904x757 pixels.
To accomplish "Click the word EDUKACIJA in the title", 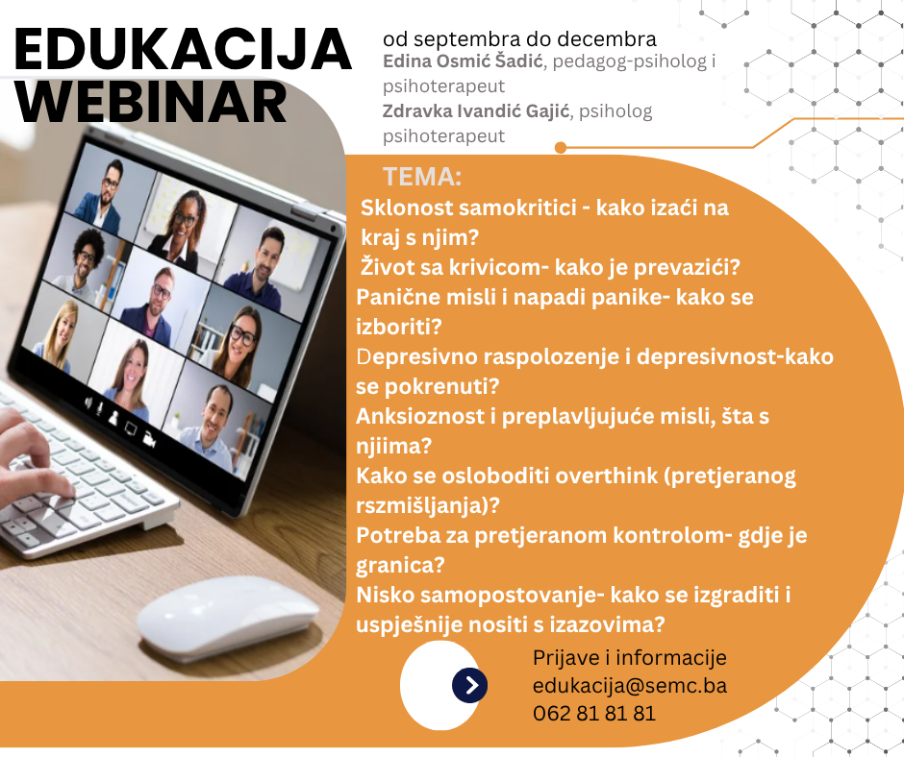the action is click(x=182, y=49).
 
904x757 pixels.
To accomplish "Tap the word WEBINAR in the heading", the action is click(x=151, y=102).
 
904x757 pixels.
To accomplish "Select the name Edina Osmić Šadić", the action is click(x=463, y=61).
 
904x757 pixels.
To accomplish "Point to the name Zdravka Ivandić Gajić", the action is click(x=476, y=111).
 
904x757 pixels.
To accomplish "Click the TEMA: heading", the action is click(x=422, y=177).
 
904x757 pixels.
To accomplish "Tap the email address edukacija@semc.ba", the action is click(x=630, y=686).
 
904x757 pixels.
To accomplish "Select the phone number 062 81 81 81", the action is click(x=594, y=713).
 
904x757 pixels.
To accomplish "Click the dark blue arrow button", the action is click(x=470, y=685).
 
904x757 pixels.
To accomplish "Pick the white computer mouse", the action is click(x=228, y=617).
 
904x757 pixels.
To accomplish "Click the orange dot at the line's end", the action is click(x=561, y=148).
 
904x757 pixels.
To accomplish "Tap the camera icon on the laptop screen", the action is click(x=149, y=438).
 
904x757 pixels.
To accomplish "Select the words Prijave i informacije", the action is click(x=630, y=658).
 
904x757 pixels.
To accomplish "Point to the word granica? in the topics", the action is click(x=400, y=565).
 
